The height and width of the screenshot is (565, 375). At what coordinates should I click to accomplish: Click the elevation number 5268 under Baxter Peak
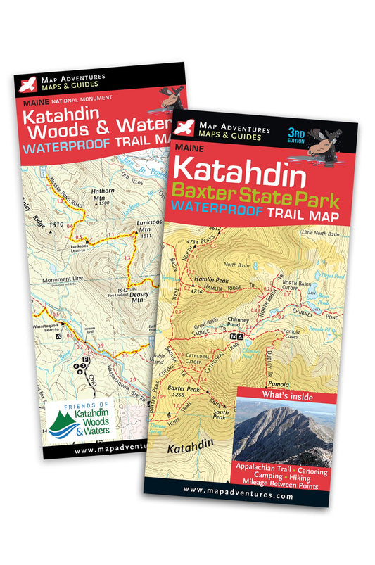point(182,396)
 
